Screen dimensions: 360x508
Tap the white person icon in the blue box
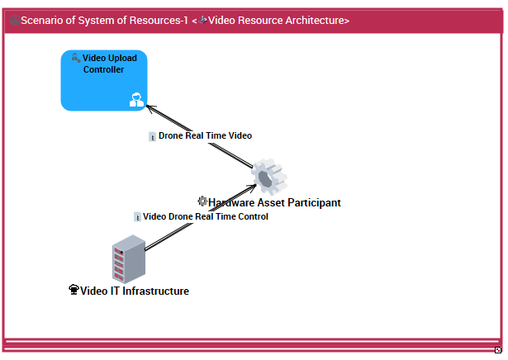(136, 101)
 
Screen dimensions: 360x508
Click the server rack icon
(128, 258)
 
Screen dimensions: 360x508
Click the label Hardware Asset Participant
(274, 202)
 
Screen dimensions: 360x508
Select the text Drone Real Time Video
(205, 135)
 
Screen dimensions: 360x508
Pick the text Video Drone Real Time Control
(206, 217)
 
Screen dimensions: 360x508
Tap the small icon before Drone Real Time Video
(152, 136)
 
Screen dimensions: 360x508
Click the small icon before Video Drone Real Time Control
(137, 217)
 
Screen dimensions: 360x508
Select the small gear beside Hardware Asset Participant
(202, 201)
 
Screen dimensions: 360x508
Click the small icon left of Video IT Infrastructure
(74, 291)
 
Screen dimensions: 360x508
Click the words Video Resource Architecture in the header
(278, 20)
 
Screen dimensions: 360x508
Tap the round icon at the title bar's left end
(14, 20)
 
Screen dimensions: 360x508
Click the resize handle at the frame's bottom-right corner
(497, 350)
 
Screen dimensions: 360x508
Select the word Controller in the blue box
(104, 69)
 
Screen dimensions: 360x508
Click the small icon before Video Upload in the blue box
(76, 58)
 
